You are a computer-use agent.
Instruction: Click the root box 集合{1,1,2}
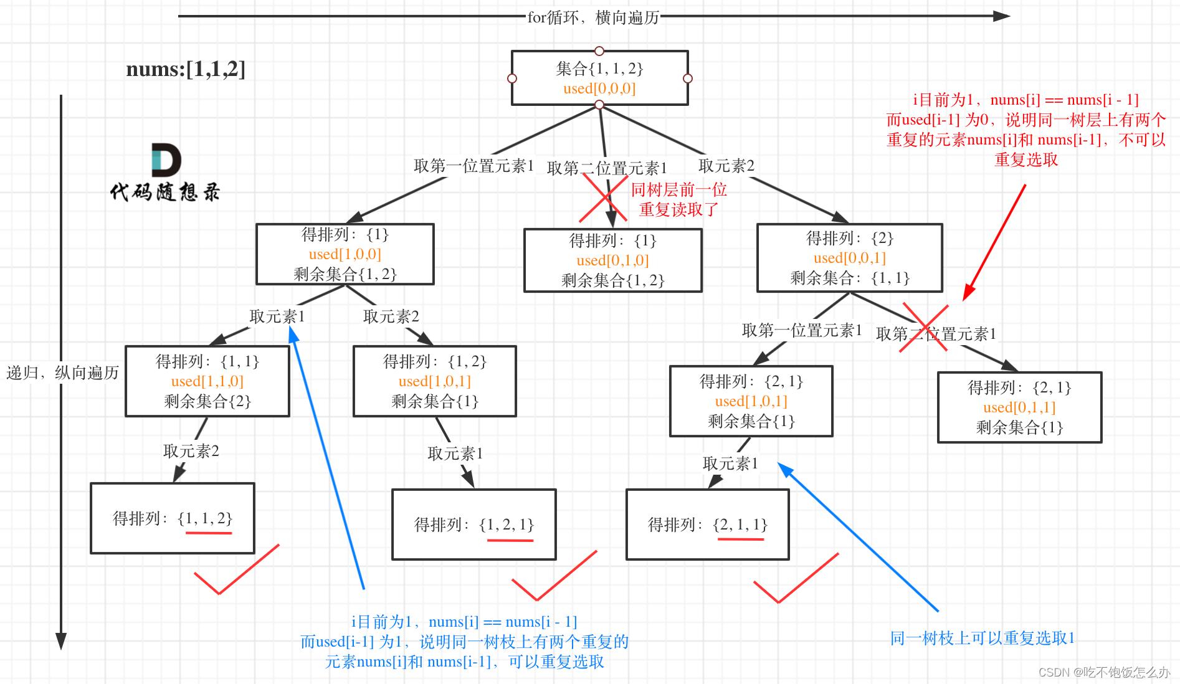click(599, 78)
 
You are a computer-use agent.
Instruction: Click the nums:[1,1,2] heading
click(186, 69)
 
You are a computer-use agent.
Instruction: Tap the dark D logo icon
click(166, 160)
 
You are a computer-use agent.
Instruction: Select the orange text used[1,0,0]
click(345, 254)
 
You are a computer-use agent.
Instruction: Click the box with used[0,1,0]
click(612, 260)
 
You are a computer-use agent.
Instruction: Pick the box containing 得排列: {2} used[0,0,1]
click(849, 258)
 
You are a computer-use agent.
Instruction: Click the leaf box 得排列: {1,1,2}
click(173, 518)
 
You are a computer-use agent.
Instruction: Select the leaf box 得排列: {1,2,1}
click(473, 525)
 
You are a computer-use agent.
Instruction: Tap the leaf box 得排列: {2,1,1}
click(707, 525)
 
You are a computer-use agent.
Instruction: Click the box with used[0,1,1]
click(1019, 407)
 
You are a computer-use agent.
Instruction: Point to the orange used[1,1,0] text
click(207, 381)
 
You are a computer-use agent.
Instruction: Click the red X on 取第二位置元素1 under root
click(603, 198)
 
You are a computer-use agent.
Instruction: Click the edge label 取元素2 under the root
click(726, 166)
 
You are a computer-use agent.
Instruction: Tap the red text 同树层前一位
click(678, 189)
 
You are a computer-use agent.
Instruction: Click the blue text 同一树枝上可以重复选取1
click(982, 638)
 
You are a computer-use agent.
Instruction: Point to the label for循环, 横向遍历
click(592, 17)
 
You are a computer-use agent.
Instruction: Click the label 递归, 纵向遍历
click(62, 373)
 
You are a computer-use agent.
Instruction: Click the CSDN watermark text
click(1103, 672)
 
